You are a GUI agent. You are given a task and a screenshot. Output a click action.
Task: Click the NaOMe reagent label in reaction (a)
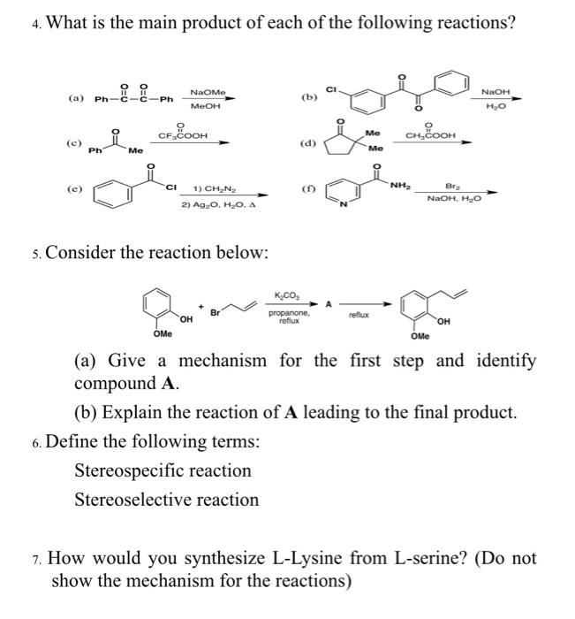click(x=208, y=92)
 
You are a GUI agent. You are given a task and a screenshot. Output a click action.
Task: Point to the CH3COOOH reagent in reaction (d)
click(x=430, y=135)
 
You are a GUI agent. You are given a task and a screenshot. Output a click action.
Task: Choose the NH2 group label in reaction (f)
click(x=399, y=184)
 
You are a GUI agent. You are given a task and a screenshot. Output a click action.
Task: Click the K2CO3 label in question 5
click(x=287, y=294)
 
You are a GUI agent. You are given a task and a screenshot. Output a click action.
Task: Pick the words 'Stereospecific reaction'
click(x=163, y=470)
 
